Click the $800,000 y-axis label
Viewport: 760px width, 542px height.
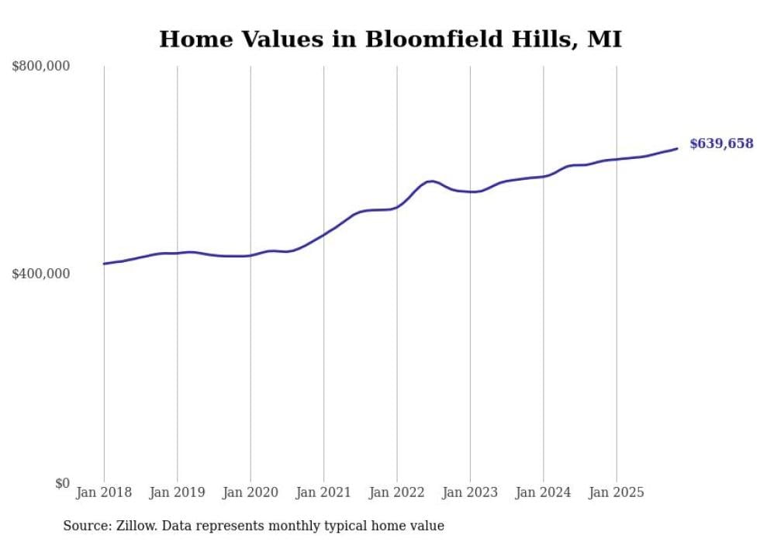[x=41, y=67]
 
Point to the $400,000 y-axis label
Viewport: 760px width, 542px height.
[x=41, y=274]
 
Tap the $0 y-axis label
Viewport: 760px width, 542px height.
[x=61, y=483]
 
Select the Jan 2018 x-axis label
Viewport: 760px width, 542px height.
[x=104, y=492]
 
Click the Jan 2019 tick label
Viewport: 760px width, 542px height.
[x=177, y=492]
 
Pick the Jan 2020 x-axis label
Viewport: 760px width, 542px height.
[x=250, y=492]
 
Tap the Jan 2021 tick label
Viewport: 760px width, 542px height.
[x=323, y=492]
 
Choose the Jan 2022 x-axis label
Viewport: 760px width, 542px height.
[x=397, y=492]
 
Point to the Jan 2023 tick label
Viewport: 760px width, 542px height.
[x=470, y=492]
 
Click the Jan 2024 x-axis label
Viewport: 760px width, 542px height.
[x=543, y=492]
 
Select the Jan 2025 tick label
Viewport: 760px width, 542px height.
[x=617, y=492]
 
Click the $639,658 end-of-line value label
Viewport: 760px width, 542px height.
[x=721, y=143]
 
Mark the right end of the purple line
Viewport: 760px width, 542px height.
[x=677, y=148]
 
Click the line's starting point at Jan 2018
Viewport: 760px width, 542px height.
[x=104, y=264]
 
